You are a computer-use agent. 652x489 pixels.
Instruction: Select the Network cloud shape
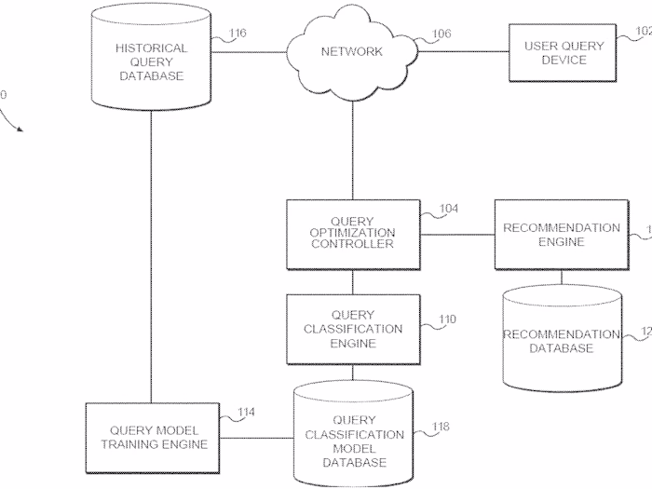tap(351, 51)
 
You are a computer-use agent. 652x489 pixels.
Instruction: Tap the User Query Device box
tap(564, 52)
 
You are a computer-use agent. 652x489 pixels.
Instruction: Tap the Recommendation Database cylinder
tap(562, 340)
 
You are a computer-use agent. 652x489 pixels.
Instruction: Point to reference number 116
tap(237, 34)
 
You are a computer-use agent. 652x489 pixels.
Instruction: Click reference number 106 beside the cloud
tap(441, 34)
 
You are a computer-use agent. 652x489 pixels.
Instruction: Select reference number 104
tap(448, 210)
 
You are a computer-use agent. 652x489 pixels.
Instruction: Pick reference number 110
tap(447, 319)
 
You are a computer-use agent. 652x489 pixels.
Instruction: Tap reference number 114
tap(245, 412)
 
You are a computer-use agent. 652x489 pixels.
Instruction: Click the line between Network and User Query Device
tap(460, 52)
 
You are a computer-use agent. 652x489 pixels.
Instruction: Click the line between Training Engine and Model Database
tap(256, 438)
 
